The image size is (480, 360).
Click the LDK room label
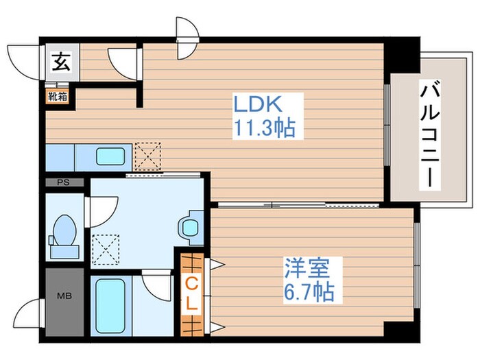tap(257, 104)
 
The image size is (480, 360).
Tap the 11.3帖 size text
tap(265, 128)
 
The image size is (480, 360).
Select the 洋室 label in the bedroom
tap(307, 268)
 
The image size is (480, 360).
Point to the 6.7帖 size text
tap(309, 292)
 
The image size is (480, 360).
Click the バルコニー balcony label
tap(430, 134)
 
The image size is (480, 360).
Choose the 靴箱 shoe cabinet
tap(58, 97)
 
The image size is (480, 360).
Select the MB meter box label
tap(64, 296)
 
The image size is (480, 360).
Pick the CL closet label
tap(191, 294)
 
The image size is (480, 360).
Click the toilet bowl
tap(64, 230)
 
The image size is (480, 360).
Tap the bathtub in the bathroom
tap(110, 306)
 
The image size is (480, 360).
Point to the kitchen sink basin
tap(110, 157)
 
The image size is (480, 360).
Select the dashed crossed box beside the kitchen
tap(148, 156)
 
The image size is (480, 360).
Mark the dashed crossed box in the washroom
tap(106, 250)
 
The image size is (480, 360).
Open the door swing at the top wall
tap(187, 38)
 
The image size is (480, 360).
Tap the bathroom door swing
tap(157, 287)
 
